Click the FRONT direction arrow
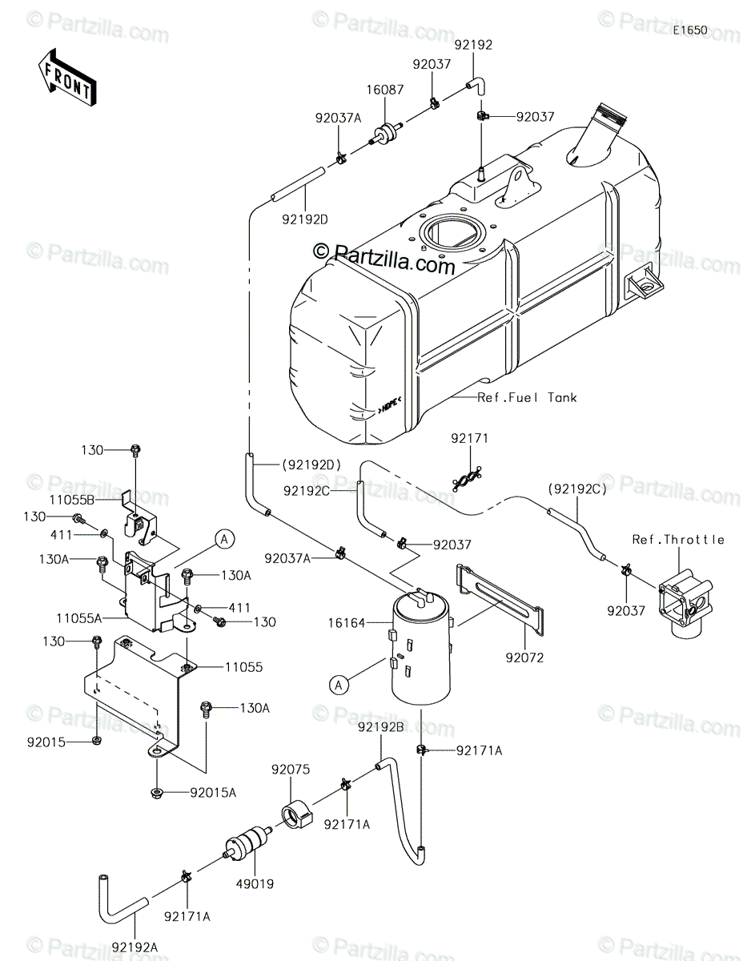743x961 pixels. (67, 76)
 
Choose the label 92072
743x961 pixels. (524, 658)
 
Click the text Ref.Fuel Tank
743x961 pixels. (527, 397)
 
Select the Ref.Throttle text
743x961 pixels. (677, 539)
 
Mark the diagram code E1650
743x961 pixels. (689, 30)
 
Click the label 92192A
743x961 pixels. (141, 930)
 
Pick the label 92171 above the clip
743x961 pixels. (468, 439)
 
